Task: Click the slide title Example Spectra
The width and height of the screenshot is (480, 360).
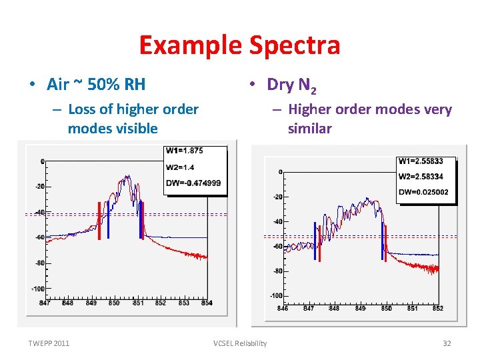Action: (239, 45)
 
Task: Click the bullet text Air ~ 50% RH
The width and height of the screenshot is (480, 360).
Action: (96, 84)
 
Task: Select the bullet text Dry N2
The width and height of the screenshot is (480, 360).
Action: (292, 85)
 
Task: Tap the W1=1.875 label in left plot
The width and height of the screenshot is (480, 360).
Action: (185, 150)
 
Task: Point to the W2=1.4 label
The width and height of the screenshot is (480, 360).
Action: (180, 167)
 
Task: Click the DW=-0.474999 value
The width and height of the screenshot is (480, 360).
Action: (193, 183)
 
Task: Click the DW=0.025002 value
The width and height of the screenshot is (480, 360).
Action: (423, 193)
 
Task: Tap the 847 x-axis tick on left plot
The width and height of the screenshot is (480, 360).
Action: (45, 303)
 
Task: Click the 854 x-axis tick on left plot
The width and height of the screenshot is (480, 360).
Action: (207, 303)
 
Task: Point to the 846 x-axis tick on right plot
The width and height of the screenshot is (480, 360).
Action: (283, 308)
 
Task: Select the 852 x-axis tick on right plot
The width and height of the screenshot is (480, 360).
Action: (437, 308)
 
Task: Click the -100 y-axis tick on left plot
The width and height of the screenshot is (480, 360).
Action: (37, 289)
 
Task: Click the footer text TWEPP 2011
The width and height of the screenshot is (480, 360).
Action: (49, 343)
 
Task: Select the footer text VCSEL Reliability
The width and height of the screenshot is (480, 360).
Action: (240, 343)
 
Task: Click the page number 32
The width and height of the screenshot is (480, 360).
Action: (447, 343)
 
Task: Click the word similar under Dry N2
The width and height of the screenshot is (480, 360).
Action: (309, 129)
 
